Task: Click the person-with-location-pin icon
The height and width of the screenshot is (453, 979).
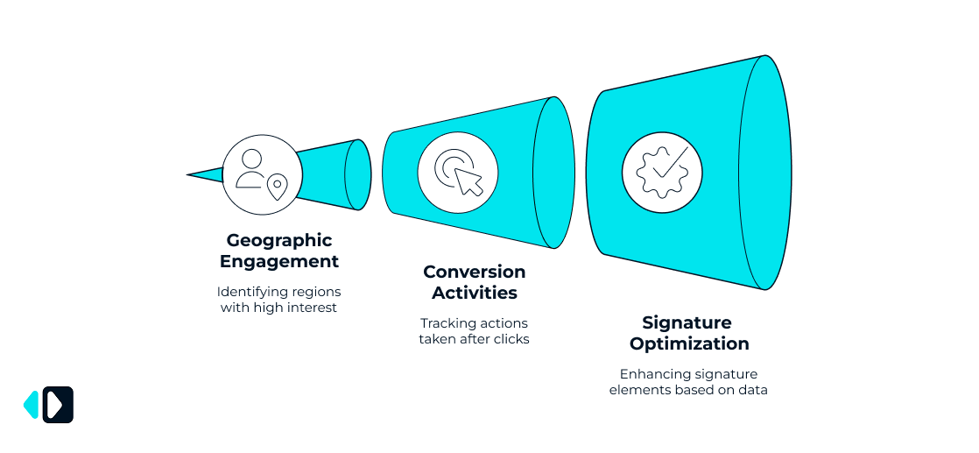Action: (263, 173)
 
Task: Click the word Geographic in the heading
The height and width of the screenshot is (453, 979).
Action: (279, 240)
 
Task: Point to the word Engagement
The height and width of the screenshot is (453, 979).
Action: (279, 261)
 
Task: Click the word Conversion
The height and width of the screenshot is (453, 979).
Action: (474, 272)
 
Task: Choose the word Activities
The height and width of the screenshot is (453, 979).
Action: (474, 293)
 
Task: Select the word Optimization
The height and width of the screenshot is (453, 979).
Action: (689, 343)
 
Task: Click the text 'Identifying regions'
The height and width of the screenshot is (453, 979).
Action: (279, 291)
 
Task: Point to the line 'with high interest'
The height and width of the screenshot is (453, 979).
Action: (279, 308)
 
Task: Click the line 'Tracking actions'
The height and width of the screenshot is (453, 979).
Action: (474, 323)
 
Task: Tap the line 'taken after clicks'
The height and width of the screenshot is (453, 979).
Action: (474, 339)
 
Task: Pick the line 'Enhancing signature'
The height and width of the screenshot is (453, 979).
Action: (689, 374)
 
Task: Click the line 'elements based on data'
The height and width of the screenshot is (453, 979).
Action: (689, 390)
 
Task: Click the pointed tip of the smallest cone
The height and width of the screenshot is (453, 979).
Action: (190, 175)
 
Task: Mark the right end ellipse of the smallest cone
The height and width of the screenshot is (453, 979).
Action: (357, 174)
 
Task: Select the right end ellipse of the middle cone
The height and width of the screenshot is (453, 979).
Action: (553, 173)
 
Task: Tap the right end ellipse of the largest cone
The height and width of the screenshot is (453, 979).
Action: (765, 173)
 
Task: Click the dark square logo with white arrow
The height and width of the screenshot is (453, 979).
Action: (58, 405)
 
